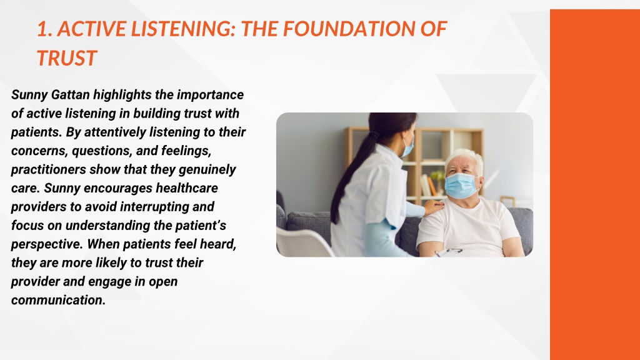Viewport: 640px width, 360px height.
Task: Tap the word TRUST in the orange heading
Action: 66,58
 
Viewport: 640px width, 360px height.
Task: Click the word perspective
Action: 46,244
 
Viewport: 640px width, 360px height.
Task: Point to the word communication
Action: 58,300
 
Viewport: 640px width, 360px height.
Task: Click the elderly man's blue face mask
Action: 460,186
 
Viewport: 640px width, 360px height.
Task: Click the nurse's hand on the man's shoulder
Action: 434,207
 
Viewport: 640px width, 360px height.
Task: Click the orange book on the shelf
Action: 431,186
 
